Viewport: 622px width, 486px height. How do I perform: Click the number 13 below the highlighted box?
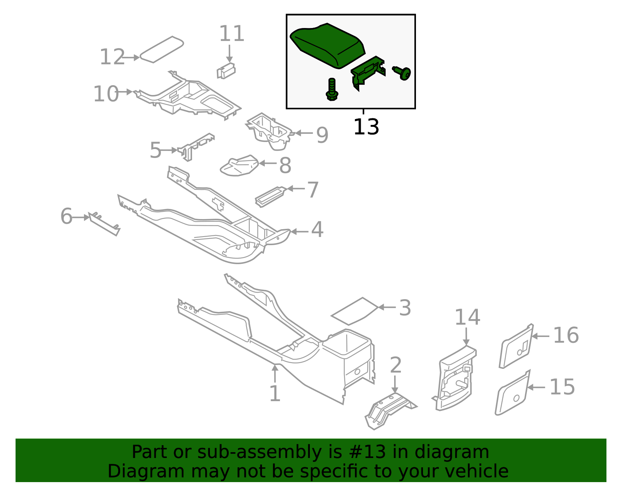tap(366, 127)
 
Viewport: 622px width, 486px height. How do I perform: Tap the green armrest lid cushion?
tap(327, 45)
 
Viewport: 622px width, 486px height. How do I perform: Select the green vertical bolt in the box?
tap(332, 89)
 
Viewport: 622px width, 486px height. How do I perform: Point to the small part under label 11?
tap(226, 70)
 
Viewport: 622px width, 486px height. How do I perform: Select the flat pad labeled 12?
tap(161, 49)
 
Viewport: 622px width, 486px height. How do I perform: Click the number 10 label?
tap(106, 94)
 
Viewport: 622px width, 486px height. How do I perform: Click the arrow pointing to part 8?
tap(268, 163)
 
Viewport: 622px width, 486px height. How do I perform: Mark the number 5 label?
tap(155, 150)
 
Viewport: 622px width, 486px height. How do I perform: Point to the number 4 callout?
tap(317, 230)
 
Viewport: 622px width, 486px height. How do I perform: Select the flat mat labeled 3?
tap(354, 311)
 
